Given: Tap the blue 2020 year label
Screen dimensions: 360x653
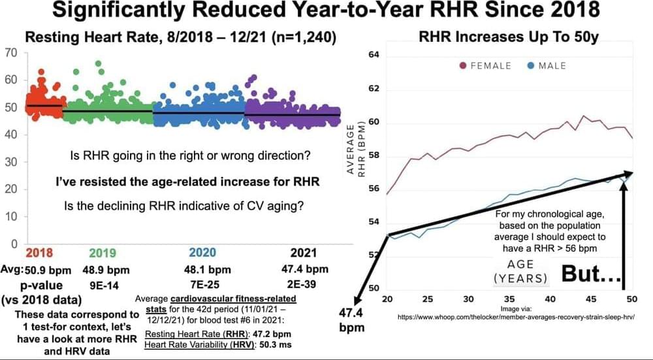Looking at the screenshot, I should coord(204,253).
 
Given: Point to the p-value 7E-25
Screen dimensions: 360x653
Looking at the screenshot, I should coord(203,285).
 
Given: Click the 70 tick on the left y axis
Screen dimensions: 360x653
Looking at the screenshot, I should coord(10,52).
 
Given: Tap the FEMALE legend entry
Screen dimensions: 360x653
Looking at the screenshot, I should coord(490,65).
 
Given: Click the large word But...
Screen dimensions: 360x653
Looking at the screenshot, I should coord(588,275).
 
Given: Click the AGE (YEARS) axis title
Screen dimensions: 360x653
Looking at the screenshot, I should coord(520,271).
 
